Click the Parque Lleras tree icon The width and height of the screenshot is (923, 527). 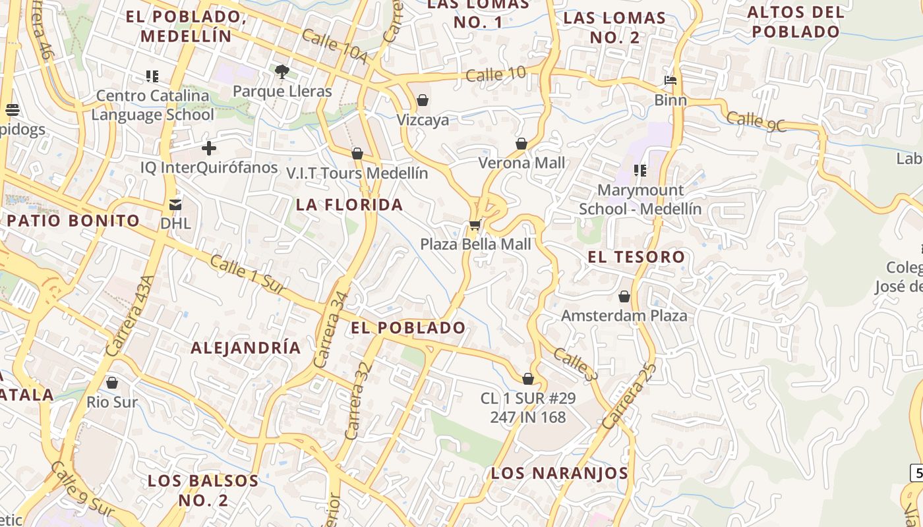point(282,72)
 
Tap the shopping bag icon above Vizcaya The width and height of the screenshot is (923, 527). point(423,100)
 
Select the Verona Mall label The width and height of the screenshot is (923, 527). point(521,162)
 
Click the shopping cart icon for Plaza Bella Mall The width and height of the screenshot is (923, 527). point(475,225)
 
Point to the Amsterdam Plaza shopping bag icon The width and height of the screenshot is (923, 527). point(624,296)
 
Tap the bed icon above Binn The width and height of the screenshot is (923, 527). point(670,81)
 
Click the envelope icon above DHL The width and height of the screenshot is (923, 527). point(175,204)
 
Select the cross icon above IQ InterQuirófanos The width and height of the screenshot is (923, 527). point(209,148)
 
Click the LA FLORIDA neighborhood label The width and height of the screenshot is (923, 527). point(349,205)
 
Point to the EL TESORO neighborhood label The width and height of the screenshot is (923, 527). point(636,257)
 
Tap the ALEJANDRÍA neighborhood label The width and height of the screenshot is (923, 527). point(246,348)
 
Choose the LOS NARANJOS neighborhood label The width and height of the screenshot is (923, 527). point(560,473)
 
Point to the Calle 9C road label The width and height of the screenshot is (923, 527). point(756,122)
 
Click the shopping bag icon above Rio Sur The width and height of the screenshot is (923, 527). point(112,383)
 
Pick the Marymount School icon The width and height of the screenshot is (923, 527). point(640,171)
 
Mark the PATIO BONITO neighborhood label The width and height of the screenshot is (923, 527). point(74,221)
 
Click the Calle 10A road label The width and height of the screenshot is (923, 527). point(334,47)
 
